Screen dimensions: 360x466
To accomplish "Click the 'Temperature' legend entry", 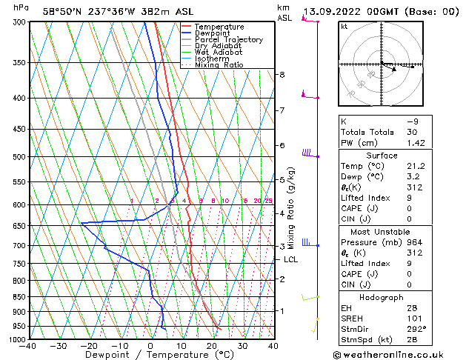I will point(219,27).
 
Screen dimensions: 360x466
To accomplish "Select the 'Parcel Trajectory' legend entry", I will point(228,40).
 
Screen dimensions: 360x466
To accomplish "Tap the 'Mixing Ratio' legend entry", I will point(219,65).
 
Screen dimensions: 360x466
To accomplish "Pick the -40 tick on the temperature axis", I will point(28,346).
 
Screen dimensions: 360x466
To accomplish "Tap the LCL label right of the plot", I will point(290,259).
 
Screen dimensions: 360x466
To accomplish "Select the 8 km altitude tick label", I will point(282,75).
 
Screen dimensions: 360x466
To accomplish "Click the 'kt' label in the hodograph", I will point(344,27).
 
